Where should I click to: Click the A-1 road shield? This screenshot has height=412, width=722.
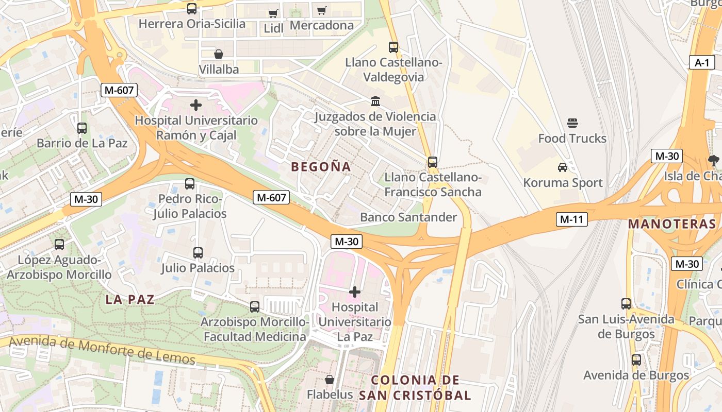[702, 63]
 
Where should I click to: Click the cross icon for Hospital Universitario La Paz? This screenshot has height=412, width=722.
[355, 292]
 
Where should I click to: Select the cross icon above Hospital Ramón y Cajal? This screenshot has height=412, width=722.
[196, 106]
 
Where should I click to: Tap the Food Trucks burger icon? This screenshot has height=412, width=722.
[572, 123]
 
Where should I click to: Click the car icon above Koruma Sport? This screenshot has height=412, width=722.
[563, 167]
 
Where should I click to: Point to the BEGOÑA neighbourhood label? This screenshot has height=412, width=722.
[321, 167]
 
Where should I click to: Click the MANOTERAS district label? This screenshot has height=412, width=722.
[672, 224]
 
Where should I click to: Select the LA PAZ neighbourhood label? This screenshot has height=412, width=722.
[130, 300]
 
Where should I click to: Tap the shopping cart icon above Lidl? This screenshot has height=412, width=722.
[273, 13]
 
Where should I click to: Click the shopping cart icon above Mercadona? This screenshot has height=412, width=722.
[322, 10]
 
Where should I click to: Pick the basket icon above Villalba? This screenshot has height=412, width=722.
[219, 54]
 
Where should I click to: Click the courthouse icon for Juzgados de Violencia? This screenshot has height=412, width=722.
[375, 101]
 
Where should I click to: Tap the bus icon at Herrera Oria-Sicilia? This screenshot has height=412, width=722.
[192, 8]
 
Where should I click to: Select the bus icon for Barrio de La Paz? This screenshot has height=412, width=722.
[81, 128]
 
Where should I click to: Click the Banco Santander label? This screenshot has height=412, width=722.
[408, 217]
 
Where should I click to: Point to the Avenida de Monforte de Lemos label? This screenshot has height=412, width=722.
[103, 349]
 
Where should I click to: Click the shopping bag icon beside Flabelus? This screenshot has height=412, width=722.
[330, 380]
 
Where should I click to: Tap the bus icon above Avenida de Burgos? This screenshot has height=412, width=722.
[636, 359]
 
